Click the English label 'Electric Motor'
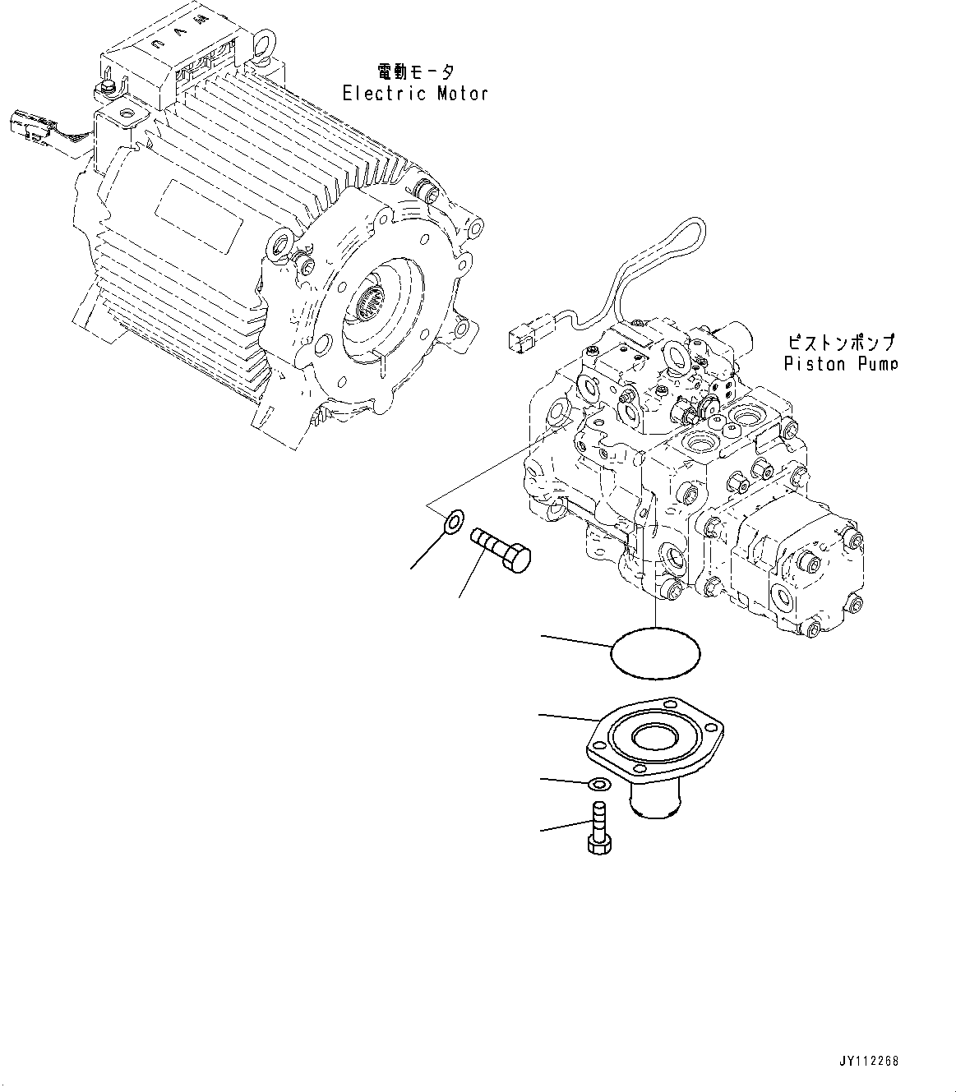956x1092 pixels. point(415,94)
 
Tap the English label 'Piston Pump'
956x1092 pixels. point(840,363)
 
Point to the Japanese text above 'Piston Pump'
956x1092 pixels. point(841,341)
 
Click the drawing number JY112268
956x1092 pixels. point(870,1061)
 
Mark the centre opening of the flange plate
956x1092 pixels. point(655,738)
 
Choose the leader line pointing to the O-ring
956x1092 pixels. point(575,640)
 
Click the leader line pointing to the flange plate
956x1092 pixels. point(567,718)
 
